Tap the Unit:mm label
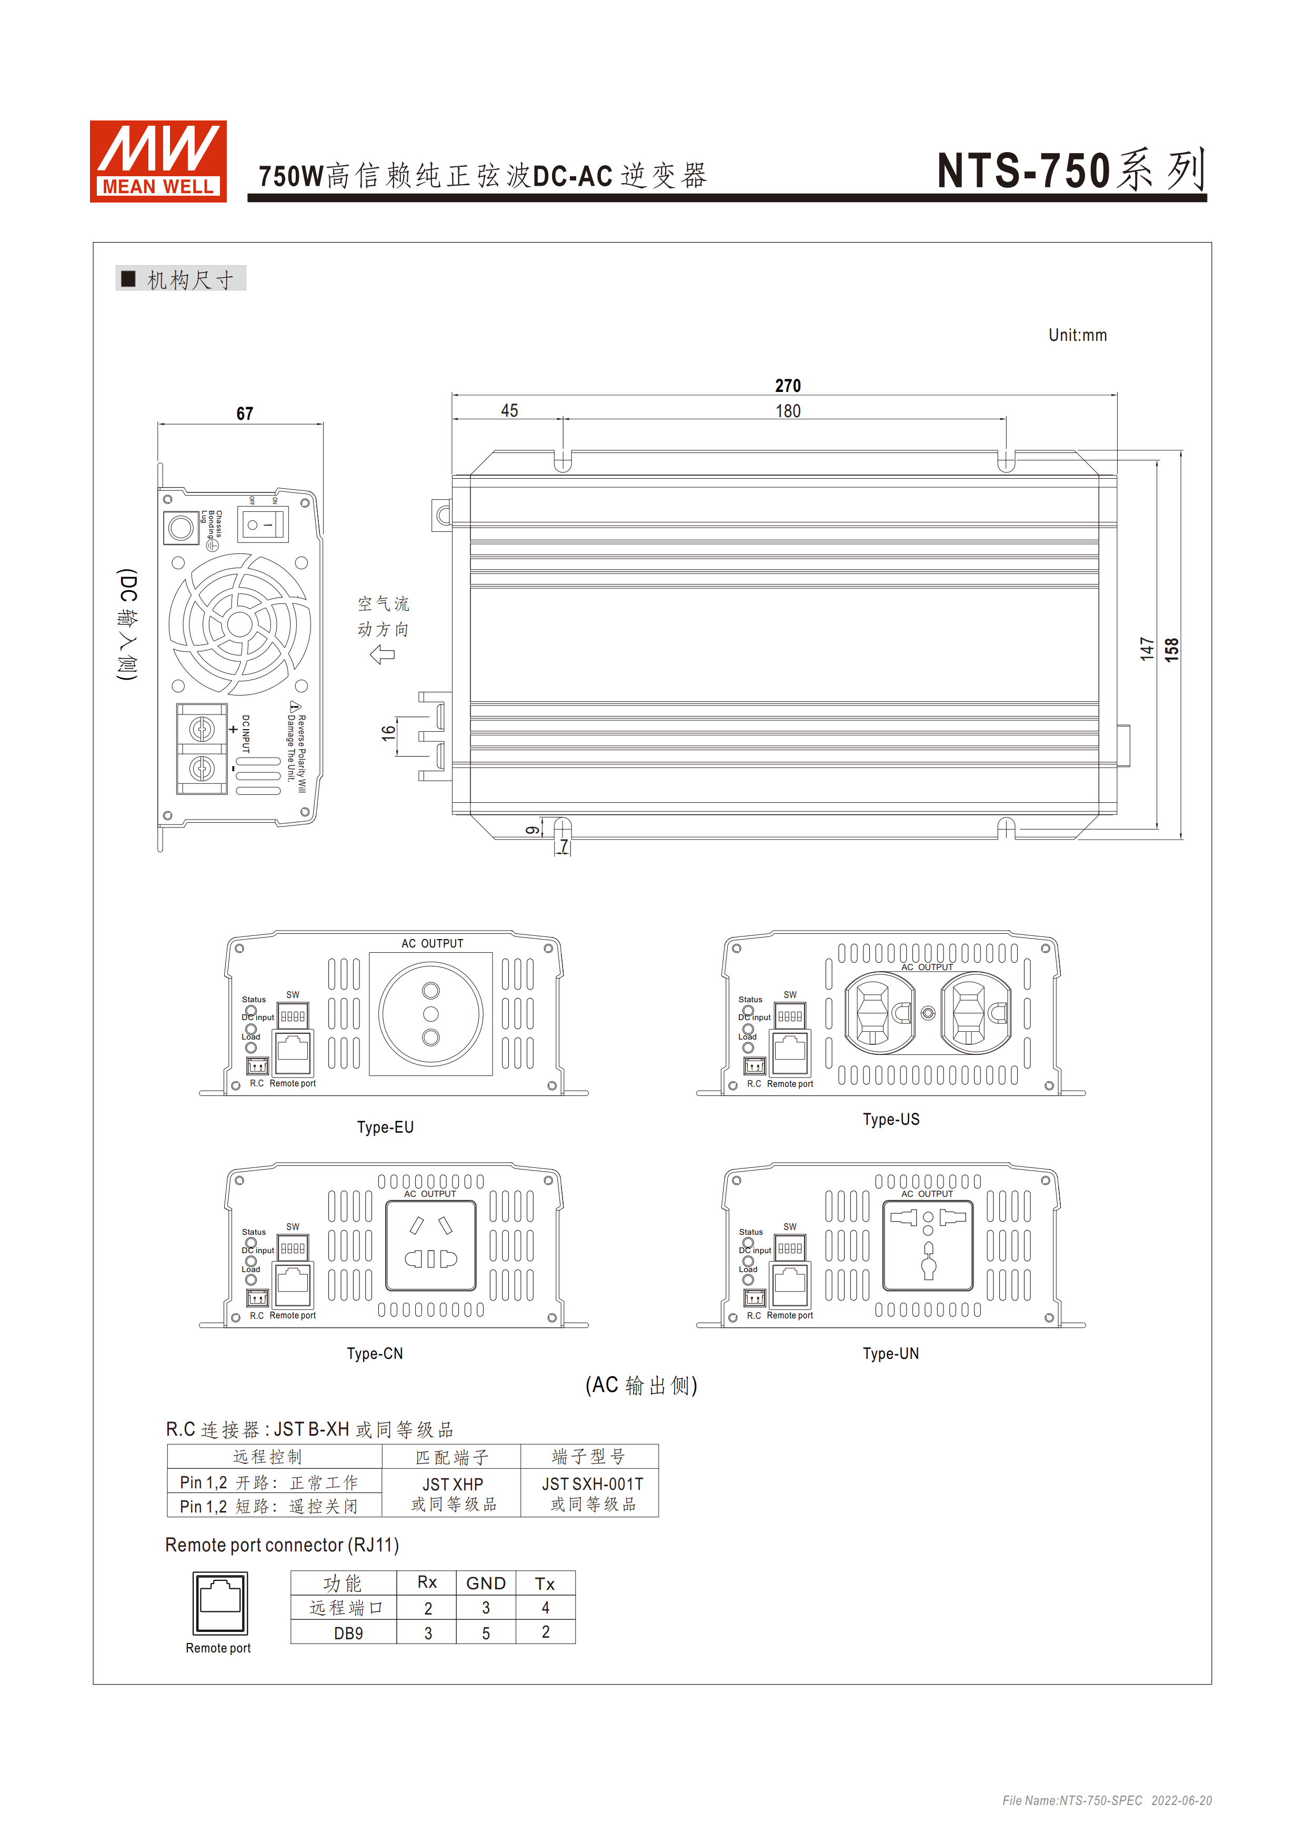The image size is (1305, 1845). [1077, 335]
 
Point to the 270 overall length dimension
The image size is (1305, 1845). [788, 386]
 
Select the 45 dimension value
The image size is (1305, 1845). [509, 411]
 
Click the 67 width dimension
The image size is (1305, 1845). [244, 414]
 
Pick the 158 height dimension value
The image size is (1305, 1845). [1172, 649]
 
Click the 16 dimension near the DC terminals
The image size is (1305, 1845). [389, 733]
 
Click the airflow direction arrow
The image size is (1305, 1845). [383, 655]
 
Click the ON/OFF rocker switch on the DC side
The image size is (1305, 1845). [262, 525]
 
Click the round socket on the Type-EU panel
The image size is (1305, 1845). [431, 1014]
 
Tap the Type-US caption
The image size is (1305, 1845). [890, 1120]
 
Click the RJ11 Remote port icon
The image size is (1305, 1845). [220, 1603]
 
